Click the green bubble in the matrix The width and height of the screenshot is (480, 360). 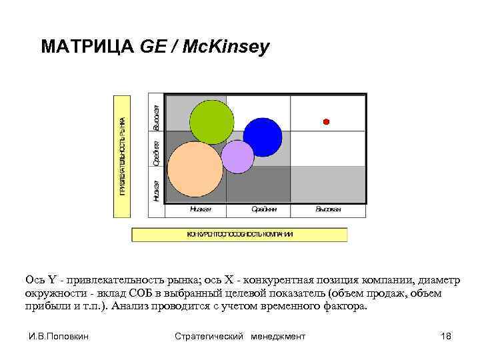[x=211, y=121]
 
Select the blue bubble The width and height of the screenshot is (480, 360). [x=262, y=137]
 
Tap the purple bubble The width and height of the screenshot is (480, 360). [x=237, y=157]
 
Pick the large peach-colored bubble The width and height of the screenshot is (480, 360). [x=195, y=169]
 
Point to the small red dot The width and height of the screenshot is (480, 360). [x=326, y=121]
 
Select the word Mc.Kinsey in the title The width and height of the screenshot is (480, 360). [x=227, y=47]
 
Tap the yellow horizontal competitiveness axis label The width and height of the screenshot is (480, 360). [x=240, y=235]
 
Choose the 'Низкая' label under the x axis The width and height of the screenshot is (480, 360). [x=200, y=209]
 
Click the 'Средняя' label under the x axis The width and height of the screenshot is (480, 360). [x=264, y=209]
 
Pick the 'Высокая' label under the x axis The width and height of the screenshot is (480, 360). [x=328, y=209]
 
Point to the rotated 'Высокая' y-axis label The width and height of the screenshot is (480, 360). [x=156, y=117]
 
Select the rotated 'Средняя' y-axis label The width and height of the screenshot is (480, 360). [x=156, y=153]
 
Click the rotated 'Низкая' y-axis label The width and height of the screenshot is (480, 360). [x=156, y=191]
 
